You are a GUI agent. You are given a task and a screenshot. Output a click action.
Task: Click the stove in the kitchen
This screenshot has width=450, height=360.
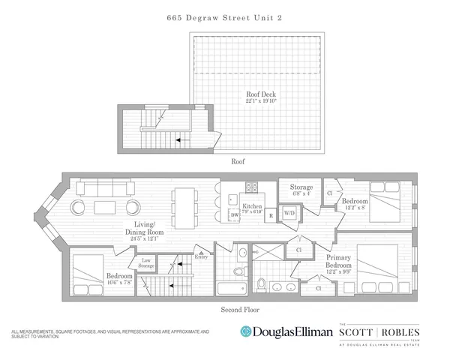(x=253, y=189)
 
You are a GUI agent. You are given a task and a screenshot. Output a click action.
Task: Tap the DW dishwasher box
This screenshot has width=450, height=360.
(x=235, y=215)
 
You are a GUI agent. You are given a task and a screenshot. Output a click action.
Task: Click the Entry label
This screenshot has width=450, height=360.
(x=201, y=256)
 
